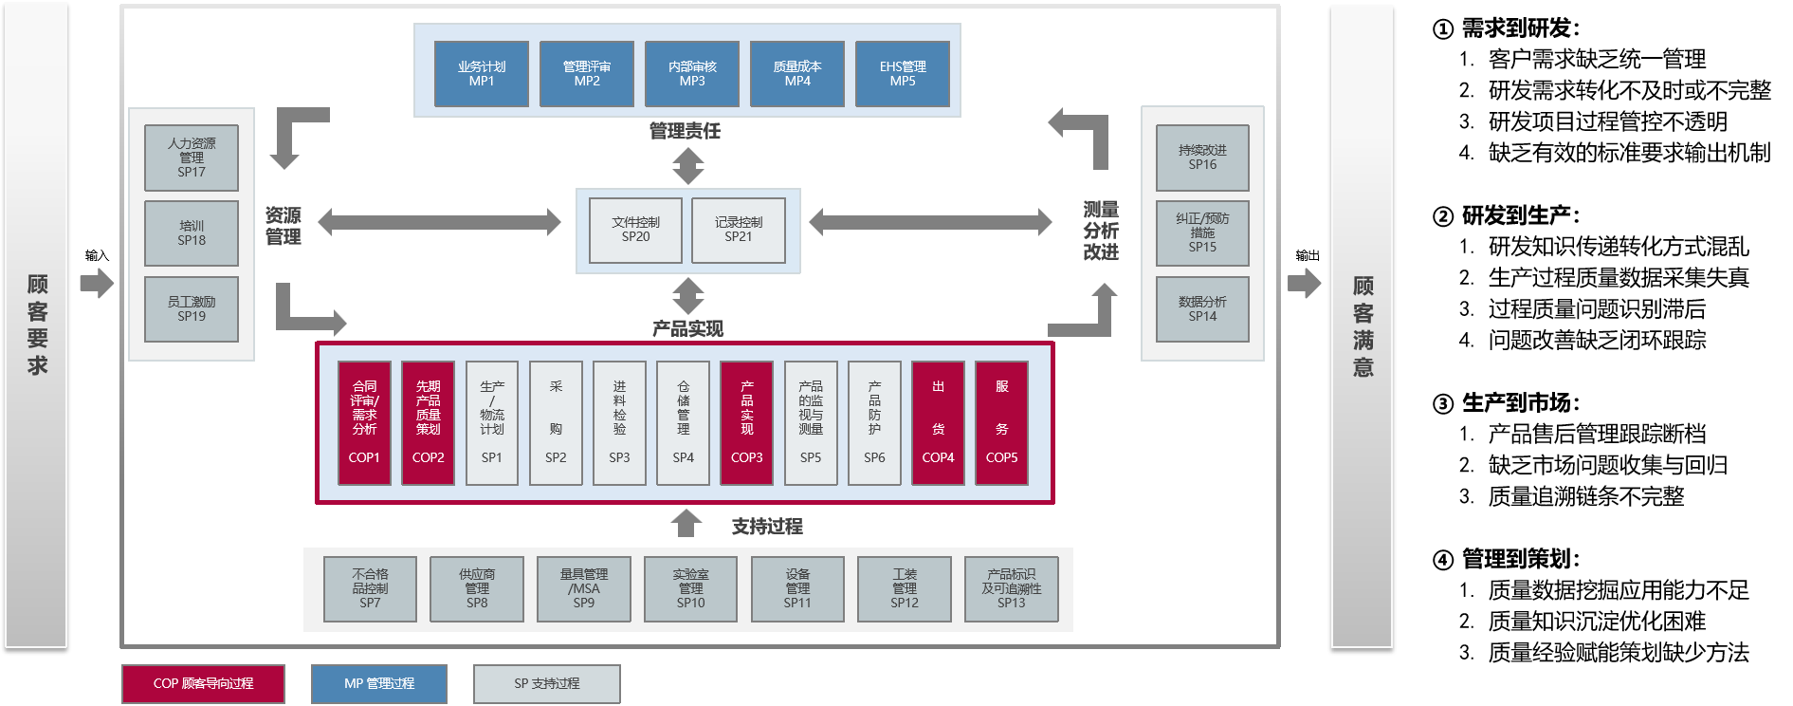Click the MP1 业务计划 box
(x=482, y=74)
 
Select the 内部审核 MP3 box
(x=692, y=74)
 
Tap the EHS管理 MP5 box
(x=903, y=74)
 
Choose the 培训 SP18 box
(x=192, y=233)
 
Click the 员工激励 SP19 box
(x=192, y=309)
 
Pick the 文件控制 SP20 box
(x=635, y=230)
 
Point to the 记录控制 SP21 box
(x=739, y=230)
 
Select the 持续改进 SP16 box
(x=1202, y=158)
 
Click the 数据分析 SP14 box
(x=1202, y=309)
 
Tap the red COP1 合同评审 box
(x=364, y=423)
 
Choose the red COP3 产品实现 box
(x=747, y=423)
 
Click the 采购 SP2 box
(x=556, y=423)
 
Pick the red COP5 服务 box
(x=1002, y=423)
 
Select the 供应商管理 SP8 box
(x=477, y=589)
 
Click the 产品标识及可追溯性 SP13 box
(x=1012, y=589)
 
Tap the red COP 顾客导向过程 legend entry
(x=203, y=683)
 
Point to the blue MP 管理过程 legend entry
(x=379, y=683)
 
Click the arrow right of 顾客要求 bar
(x=97, y=283)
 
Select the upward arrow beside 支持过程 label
(x=686, y=524)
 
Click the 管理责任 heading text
(x=685, y=131)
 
